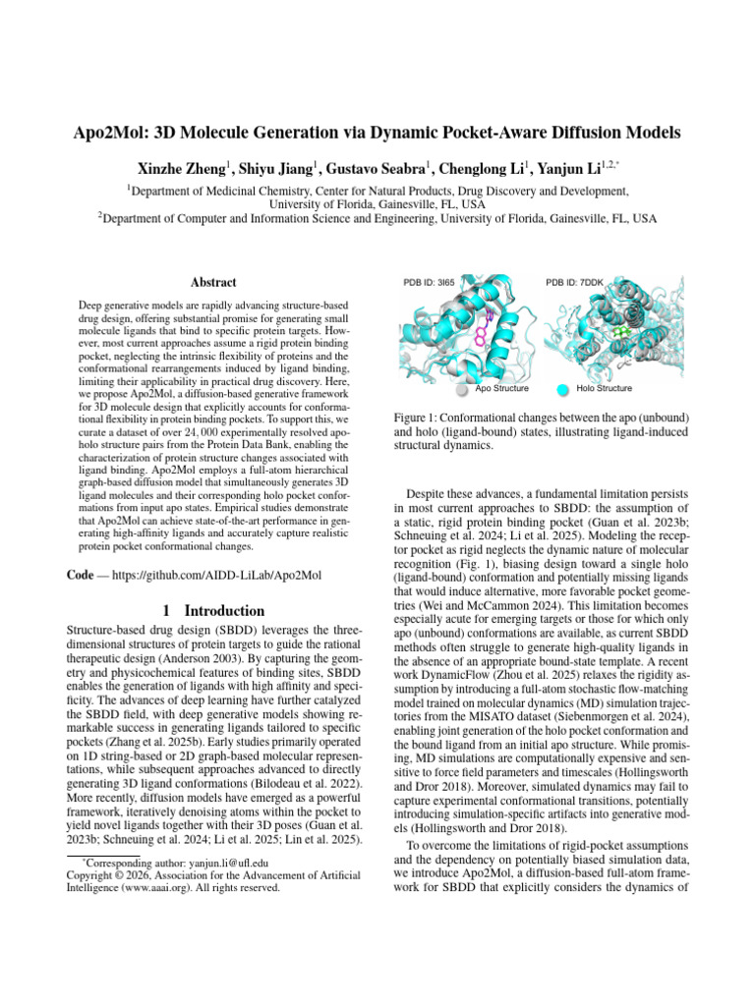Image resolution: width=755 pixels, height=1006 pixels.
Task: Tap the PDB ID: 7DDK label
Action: coord(573,283)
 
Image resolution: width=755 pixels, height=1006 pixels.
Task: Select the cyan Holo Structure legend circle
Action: coord(562,389)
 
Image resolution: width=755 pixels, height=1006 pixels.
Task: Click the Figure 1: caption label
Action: coord(420,443)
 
